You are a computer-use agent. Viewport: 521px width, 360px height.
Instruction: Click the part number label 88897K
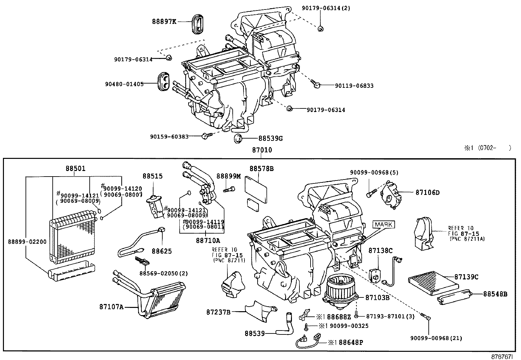pos(164,22)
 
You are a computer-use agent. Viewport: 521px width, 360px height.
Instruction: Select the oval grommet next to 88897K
pos(198,23)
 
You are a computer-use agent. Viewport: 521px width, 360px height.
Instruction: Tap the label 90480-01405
pos(124,84)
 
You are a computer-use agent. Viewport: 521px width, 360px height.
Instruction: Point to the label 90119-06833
pos(354,86)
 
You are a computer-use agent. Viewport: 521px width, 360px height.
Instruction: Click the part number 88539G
pos(270,139)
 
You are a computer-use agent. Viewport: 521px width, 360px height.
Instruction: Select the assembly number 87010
pos(262,150)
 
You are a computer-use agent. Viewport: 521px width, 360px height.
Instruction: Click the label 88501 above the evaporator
pos(75,168)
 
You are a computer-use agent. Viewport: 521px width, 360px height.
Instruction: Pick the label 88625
pos(162,251)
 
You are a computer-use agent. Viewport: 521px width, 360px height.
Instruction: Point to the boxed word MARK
pos(383,225)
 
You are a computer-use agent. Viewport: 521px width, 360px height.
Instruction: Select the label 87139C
pos(466,277)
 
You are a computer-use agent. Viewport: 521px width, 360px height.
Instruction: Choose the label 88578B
pos(261,169)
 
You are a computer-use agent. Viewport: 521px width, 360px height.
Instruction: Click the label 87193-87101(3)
pos(386,316)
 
